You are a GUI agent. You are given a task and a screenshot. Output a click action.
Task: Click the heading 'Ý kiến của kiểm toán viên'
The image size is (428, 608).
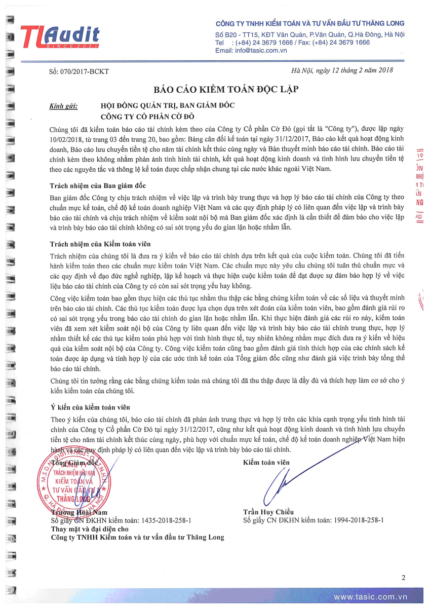pos(90,407)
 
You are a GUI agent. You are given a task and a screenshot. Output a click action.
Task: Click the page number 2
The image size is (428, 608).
pos(403,578)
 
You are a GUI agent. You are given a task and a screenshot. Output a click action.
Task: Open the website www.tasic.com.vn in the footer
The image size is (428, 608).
pos(370,597)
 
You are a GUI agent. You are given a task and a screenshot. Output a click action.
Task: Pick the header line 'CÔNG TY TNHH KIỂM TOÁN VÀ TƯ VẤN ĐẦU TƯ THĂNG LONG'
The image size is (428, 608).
pos(310,23)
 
